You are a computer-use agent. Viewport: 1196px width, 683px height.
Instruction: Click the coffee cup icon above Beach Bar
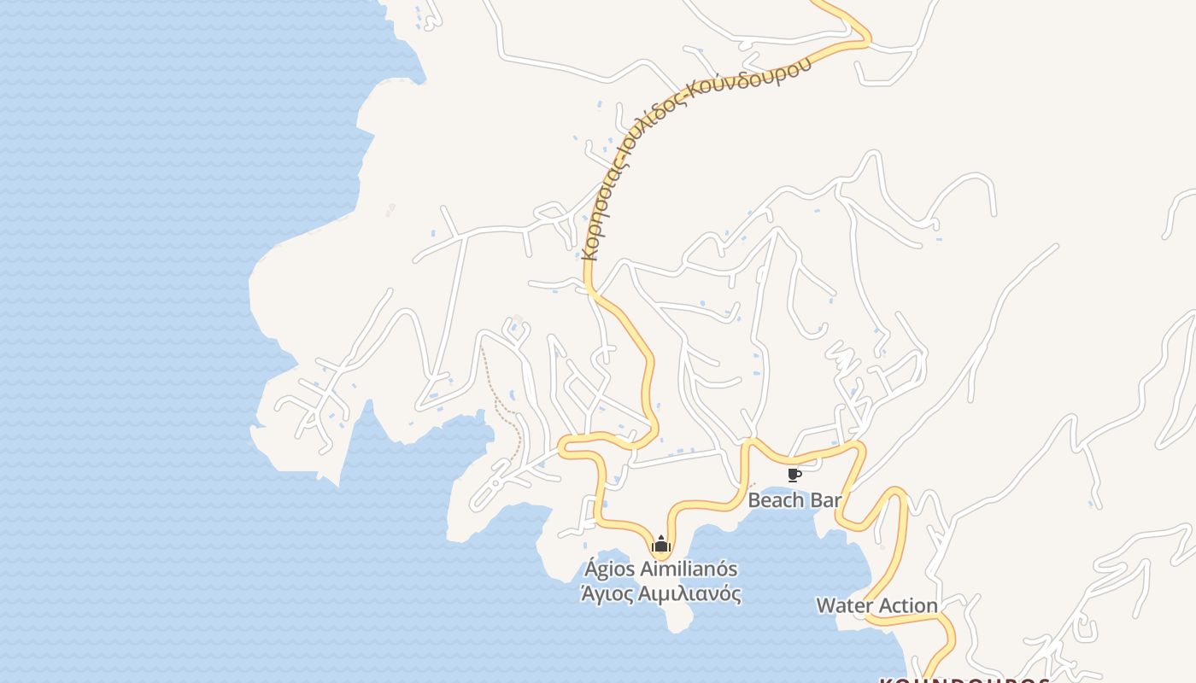point(794,475)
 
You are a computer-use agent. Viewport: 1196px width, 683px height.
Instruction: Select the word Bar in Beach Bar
point(825,500)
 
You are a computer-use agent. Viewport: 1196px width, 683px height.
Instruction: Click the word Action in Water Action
point(908,606)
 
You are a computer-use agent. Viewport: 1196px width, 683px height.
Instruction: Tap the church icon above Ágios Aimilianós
point(660,544)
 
